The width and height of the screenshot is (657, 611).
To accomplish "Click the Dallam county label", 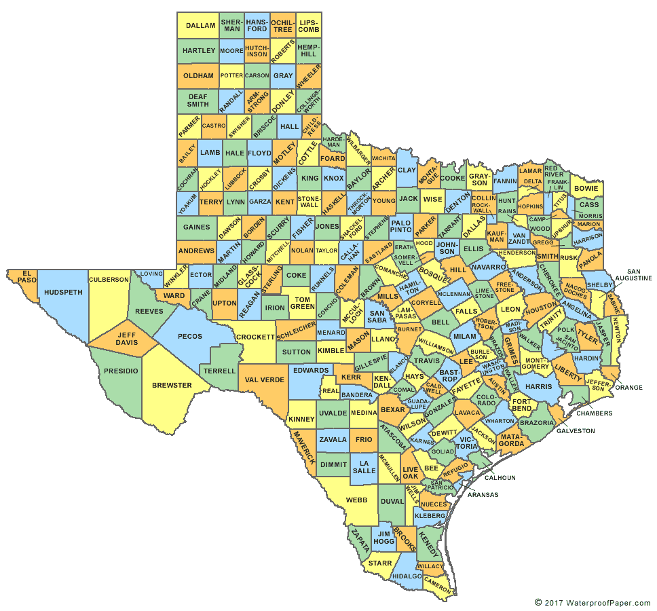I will [200, 26].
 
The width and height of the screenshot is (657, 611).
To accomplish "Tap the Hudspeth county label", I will [62, 293].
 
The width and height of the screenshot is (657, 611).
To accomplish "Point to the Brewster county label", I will [172, 386].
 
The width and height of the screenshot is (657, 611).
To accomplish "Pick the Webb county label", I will [356, 500].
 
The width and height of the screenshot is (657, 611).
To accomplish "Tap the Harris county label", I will [539, 386].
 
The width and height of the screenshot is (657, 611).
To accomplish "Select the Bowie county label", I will [586, 188].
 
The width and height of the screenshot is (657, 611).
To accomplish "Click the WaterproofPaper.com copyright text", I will [593, 601].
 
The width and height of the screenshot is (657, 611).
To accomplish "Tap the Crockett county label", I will [255, 337].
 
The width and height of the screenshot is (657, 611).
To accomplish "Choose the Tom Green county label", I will [302, 303].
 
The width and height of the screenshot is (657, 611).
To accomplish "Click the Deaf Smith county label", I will [198, 100].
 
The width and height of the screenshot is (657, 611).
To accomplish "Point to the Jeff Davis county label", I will [126, 338].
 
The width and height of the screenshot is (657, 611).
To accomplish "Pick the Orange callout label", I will [629, 388].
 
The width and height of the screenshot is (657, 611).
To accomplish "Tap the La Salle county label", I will [364, 466].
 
